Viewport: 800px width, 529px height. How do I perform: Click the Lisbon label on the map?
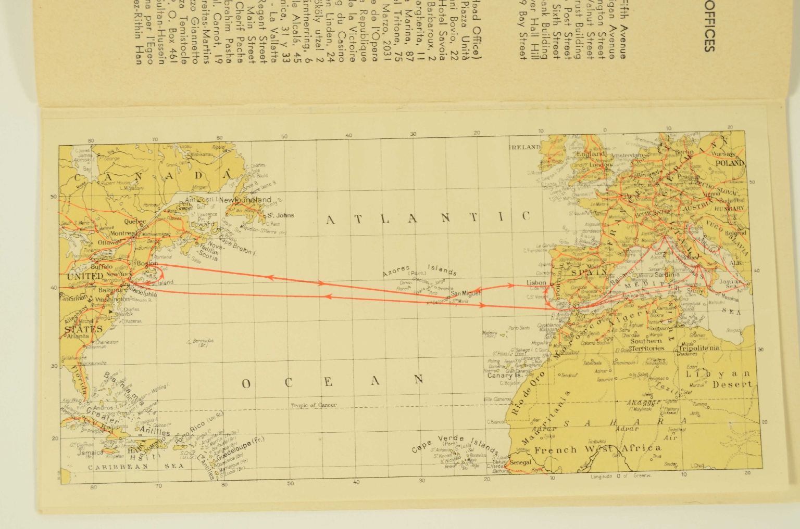coord(536,283)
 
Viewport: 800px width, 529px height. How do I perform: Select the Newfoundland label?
coord(245,200)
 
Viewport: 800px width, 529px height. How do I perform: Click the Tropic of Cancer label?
coord(314,405)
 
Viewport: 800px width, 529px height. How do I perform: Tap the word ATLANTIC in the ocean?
coord(428,218)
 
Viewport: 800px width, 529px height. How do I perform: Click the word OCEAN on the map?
coord(332,382)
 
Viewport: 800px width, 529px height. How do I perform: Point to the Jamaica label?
coord(90,453)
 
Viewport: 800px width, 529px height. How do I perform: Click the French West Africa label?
coord(597,449)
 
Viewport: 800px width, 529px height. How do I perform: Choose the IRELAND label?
coord(524,147)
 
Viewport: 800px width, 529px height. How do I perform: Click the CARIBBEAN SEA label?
coord(135,467)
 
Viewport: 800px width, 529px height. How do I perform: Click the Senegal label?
coord(520,462)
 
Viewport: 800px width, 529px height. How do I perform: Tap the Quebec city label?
coord(135,222)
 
